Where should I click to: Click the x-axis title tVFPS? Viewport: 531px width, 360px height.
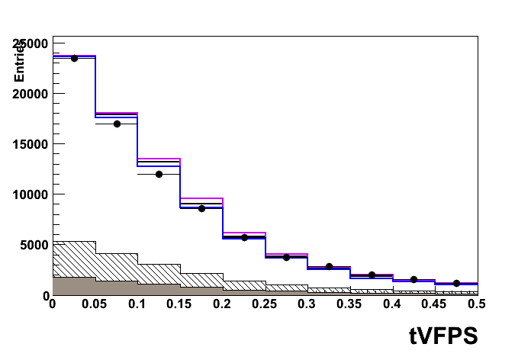point(442,335)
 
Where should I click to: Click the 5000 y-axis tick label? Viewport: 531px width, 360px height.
point(31,245)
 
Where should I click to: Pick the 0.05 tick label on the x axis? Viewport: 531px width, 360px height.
point(95,304)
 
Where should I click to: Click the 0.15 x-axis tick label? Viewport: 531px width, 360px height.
point(179,304)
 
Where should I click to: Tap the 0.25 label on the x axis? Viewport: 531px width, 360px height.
point(265,304)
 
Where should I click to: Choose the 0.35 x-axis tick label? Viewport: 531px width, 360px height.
point(349,304)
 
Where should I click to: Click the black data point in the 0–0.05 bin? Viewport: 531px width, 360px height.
point(74,58)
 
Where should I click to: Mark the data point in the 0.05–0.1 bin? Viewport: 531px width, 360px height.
point(117,124)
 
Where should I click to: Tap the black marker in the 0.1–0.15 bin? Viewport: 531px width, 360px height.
point(159,174)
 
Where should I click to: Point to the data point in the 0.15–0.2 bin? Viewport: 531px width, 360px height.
point(201,208)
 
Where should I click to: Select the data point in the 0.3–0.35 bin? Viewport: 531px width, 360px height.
point(329,266)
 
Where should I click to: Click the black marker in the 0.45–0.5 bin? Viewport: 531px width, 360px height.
point(456,283)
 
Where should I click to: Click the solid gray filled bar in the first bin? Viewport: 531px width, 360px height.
point(74,286)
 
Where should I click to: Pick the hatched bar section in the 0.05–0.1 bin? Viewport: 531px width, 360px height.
point(117,267)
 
